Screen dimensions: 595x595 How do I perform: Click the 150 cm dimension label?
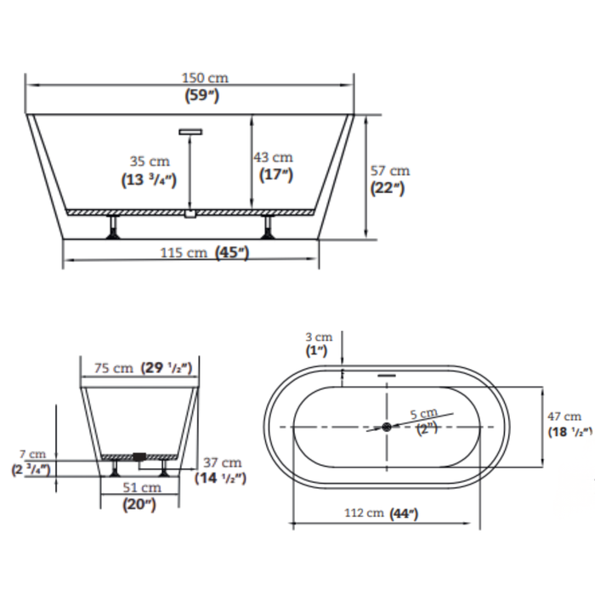[x=205, y=78]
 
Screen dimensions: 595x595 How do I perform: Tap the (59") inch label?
[x=202, y=95]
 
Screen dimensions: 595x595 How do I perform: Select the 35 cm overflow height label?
[x=150, y=161]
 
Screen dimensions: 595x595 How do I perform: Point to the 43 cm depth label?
[x=273, y=157]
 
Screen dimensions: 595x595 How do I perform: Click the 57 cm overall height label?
[x=390, y=171]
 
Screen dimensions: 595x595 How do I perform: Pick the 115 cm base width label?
[x=184, y=252]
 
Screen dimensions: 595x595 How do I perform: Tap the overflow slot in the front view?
[x=190, y=132]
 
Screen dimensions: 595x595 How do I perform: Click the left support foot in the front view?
[x=113, y=227]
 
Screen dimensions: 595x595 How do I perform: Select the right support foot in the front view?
[x=268, y=227]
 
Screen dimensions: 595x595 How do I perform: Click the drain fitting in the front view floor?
[x=190, y=213]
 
